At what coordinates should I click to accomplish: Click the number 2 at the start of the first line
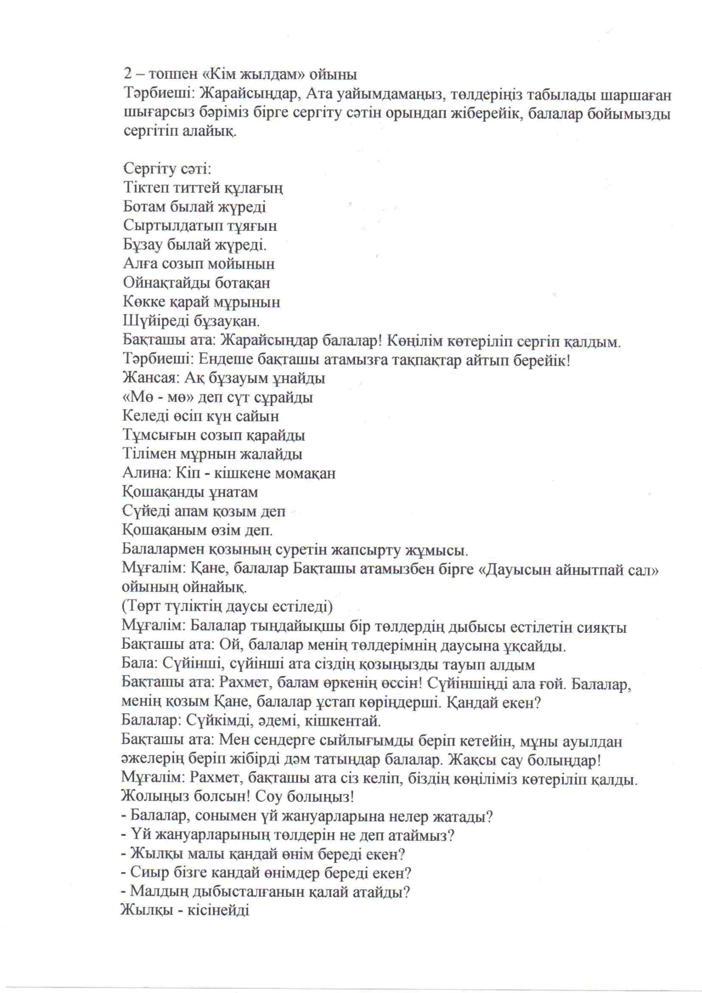coord(127,74)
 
